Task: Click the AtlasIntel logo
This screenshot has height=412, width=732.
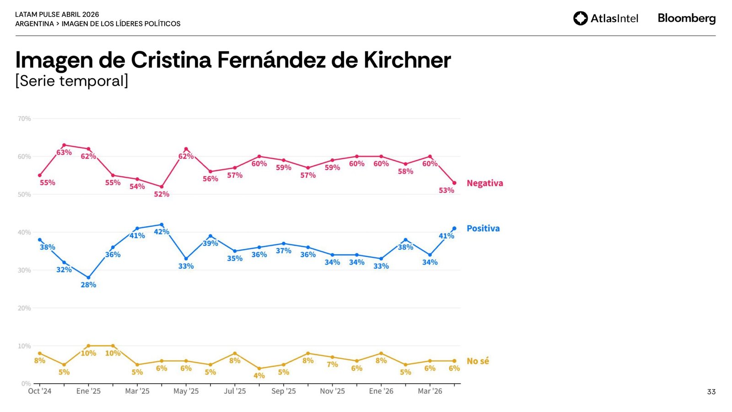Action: (606, 18)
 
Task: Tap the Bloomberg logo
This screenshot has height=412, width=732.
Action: (686, 18)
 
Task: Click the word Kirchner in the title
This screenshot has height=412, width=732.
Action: (407, 60)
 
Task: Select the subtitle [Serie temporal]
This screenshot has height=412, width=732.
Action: (72, 81)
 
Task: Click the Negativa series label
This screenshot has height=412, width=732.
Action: (484, 183)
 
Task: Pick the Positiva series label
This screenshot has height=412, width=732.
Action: (483, 228)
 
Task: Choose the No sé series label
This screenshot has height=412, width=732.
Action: (478, 361)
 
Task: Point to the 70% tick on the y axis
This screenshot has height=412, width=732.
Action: (24, 119)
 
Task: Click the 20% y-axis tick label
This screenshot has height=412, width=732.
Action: (24, 308)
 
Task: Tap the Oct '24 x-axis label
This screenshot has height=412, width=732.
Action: (40, 391)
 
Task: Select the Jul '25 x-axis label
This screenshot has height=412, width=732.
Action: (235, 391)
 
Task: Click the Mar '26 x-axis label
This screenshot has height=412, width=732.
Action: (430, 391)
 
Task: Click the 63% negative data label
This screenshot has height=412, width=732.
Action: (64, 152)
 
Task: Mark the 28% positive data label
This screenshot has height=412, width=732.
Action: (88, 285)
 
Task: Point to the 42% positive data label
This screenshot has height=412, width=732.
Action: (161, 232)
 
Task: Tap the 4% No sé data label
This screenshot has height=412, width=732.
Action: (259, 376)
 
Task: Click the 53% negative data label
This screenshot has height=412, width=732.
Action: (447, 190)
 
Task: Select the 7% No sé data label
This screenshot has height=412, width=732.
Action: (332, 364)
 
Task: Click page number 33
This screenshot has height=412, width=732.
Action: (711, 392)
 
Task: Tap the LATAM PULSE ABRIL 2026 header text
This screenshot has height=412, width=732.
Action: (57, 15)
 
